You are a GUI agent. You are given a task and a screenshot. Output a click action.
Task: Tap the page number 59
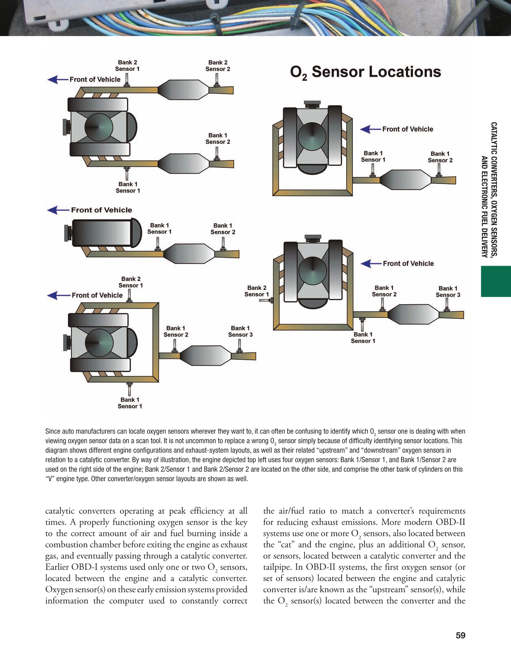460,635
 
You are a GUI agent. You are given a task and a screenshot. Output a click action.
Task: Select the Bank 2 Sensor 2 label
218,66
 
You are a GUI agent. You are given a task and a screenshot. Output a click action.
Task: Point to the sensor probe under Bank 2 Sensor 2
217,80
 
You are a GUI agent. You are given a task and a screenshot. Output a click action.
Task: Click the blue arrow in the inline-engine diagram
58,210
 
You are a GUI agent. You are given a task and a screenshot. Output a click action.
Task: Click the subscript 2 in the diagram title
305,78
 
